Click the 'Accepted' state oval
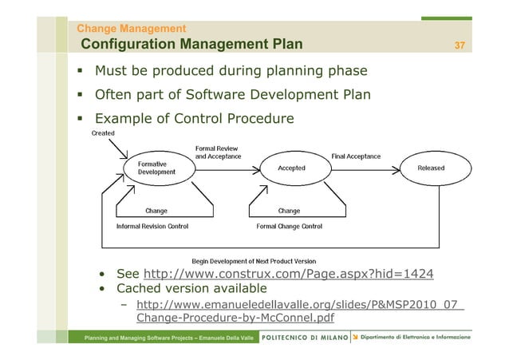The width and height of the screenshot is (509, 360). [291, 168]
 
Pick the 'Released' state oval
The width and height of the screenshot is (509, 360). [431, 168]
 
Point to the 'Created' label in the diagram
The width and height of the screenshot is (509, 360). [103, 133]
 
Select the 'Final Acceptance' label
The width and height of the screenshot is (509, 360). [356, 156]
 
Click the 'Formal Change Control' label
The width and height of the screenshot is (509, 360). [289, 227]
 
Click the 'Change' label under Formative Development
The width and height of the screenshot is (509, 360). [156, 211]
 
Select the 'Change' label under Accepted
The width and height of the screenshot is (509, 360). [288, 211]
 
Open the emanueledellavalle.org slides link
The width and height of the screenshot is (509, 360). [299, 313]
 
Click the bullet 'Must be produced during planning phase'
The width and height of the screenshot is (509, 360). [231, 72]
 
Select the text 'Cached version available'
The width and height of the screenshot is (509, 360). [191, 288]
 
